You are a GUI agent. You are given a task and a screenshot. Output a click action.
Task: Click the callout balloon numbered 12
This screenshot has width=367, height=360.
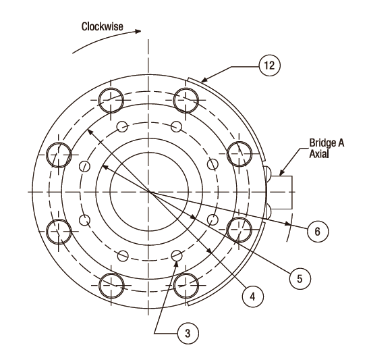pyautogui.click(x=269, y=65)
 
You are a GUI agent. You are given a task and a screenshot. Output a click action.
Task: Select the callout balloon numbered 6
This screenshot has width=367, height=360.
pyautogui.click(x=318, y=231)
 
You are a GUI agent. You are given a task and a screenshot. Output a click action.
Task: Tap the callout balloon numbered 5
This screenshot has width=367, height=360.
pyautogui.click(x=300, y=279)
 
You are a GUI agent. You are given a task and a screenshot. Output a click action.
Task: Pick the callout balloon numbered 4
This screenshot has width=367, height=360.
pyautogui.click(x=252, y=297)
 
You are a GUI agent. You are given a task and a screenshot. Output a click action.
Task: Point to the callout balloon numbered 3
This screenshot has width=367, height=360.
pyautogui.click(x=188, y=333)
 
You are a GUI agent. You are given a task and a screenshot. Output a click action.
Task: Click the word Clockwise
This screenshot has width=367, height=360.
pyautogui.click(x=102, y=26)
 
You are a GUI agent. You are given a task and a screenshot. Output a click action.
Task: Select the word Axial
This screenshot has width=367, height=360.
pyautogui.click(x=319, y=154)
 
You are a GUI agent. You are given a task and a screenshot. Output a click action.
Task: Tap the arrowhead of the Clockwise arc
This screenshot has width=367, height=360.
pyautogui.click(x=138, y=31)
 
